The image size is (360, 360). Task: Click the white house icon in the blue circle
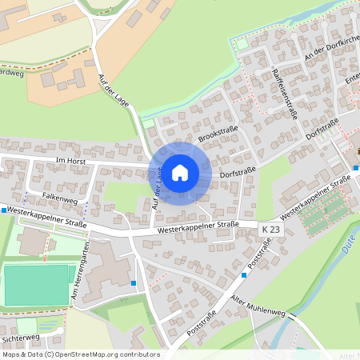(x=180, y=172)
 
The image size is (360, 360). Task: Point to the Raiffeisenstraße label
(x=285, y=91)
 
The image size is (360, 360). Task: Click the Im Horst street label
(x=70, y=160)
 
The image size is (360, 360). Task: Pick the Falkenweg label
(x=58, y=194)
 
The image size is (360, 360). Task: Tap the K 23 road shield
(x=271, y=230)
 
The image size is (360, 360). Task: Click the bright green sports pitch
(x=36, y=285)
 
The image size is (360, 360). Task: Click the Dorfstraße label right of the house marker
(x=237, y=171)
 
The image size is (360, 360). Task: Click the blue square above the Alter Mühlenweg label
(x=244, y=275)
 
